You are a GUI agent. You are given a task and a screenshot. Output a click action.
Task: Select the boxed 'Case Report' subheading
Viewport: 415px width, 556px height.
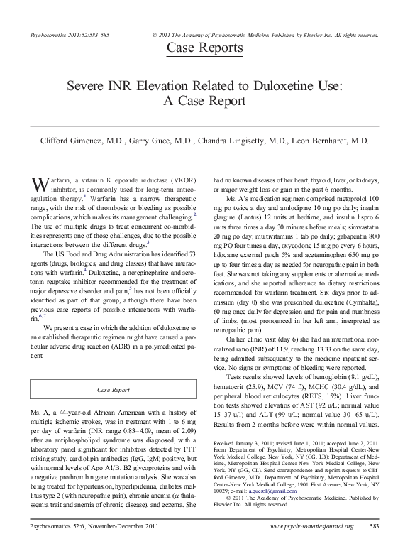[114, 390]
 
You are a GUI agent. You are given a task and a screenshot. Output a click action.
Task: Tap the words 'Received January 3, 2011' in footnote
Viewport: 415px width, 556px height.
[248, 443]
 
